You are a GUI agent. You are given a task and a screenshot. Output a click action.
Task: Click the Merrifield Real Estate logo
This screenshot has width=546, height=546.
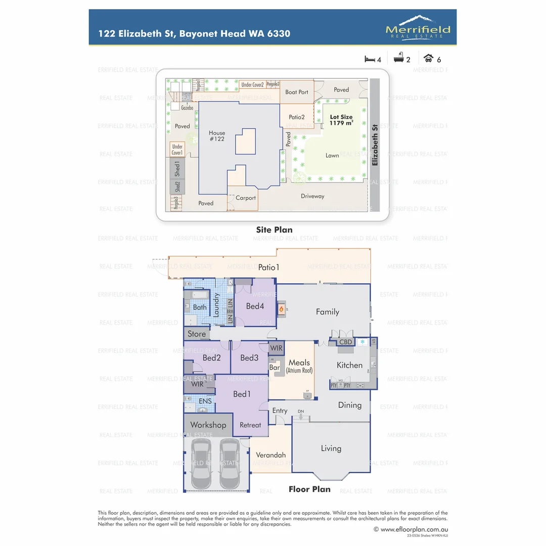(418, 27)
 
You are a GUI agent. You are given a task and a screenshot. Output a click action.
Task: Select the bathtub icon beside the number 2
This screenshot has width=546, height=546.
(398, 58)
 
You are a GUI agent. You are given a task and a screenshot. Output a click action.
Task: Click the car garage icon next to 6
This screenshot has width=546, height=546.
(428, 58)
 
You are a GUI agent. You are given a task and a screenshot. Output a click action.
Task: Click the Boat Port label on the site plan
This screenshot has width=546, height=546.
(297, 92)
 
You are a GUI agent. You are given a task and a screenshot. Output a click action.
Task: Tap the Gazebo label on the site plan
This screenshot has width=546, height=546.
(187, 108)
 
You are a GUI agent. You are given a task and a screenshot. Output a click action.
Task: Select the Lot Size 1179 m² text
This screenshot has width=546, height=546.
(341, 120)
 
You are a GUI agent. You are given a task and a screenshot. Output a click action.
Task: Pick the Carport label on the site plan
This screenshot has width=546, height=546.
(246, 198)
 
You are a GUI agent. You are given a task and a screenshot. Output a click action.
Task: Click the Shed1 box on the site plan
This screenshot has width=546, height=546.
(177, 168)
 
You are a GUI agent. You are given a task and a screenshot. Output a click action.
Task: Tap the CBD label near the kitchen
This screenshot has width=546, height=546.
(346, 342)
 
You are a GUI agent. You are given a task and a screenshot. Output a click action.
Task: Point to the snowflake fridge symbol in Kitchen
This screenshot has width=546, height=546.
(362, 342)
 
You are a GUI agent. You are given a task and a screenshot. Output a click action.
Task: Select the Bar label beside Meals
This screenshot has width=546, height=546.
(275, 368)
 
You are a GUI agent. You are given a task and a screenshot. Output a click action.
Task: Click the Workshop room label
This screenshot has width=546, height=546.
(208, 425)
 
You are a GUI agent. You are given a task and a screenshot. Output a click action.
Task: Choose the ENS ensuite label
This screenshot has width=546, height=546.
(205, 401)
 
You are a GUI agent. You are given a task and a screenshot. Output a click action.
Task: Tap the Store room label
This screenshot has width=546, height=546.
(197, 334)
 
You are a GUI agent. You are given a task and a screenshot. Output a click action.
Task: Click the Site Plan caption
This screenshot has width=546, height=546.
(274, 230)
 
